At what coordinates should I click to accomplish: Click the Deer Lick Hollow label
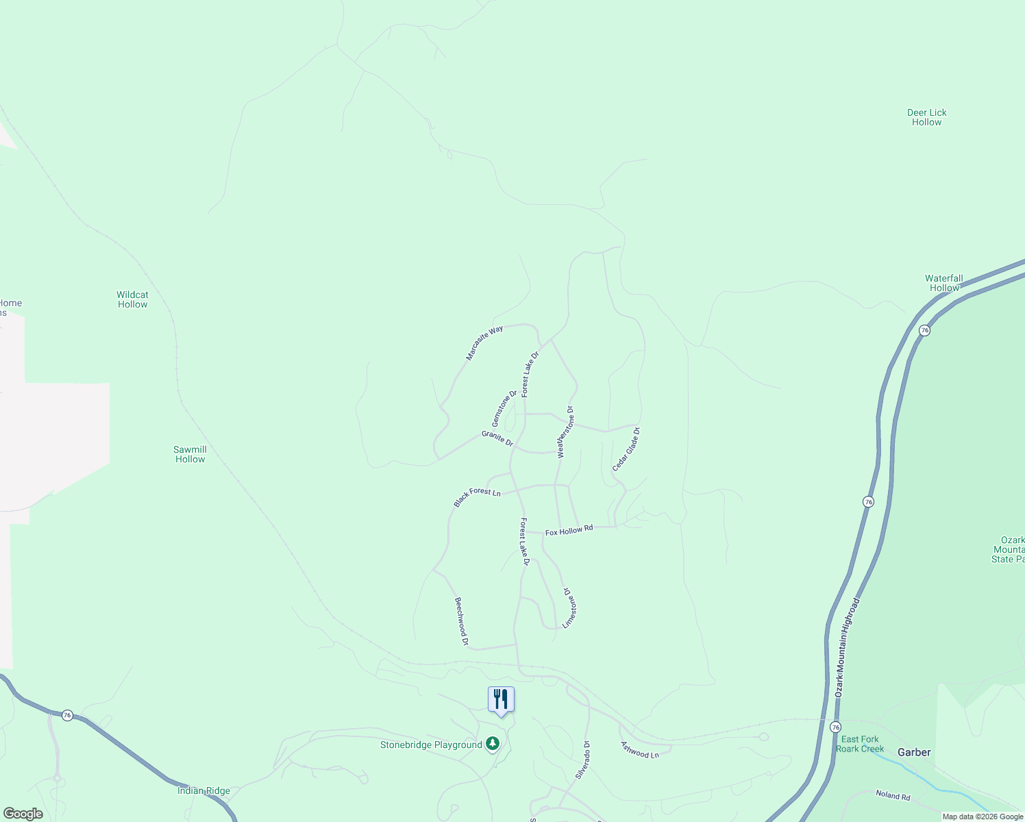(x=926, y=117)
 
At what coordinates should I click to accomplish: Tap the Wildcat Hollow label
(x=132, y=299)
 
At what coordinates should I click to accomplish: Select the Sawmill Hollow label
(x=190, y=454)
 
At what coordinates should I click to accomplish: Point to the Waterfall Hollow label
(x=943, y=283)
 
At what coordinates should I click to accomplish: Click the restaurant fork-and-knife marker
(x=501, y=699)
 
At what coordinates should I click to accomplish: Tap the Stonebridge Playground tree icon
(x=492, y=743)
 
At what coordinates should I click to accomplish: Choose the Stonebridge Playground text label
(x=431, y=745)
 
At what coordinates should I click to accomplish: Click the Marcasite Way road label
(x=484, y=342)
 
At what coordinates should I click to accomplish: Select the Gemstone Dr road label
(x=504, y=408)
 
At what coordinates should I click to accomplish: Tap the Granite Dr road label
(x=497, y=438)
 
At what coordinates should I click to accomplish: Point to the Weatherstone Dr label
(x=565, y=432)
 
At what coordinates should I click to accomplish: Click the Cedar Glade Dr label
(x=626, y=449)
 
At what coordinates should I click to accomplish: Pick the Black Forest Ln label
(x=477, y=497)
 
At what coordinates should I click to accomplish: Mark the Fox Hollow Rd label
(x=569, y=531)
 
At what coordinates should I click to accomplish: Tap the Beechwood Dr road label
(x=461, y=621)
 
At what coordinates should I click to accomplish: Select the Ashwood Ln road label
(x=639, y=749)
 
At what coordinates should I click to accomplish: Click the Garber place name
(x=914, y=752)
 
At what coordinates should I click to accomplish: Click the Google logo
(x=23, y=814)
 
